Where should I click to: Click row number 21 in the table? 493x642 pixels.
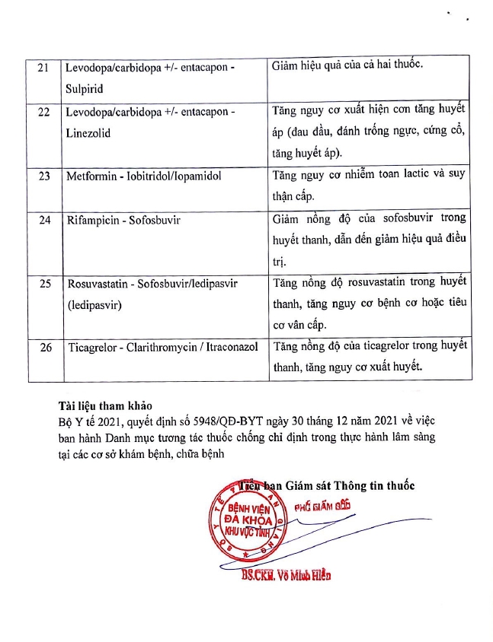click(x=43, y=68)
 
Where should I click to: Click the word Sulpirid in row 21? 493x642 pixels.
click(x=85, y=88)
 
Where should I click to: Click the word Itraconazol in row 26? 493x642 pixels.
click(x=231, y=347)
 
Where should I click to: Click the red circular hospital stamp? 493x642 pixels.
click(x=242, y=520)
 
